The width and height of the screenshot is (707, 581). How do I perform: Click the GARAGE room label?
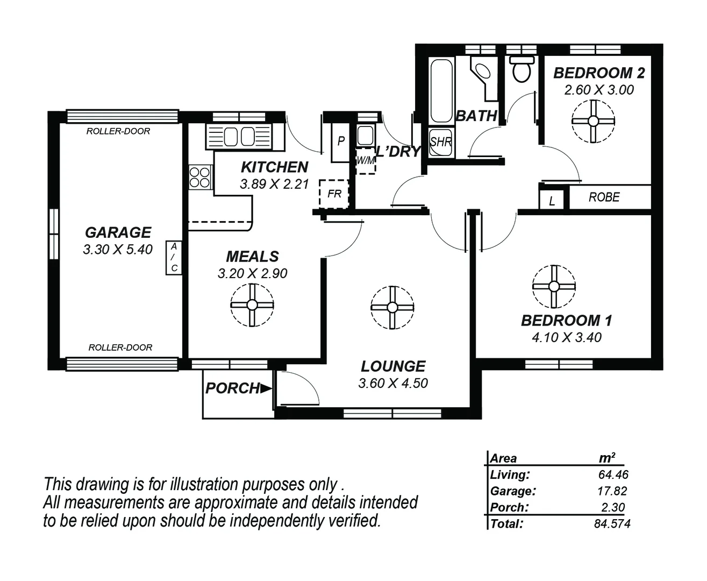118,232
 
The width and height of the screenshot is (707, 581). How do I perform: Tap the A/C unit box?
173,258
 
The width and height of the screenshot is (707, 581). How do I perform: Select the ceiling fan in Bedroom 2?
593,121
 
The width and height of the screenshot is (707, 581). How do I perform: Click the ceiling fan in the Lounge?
392,307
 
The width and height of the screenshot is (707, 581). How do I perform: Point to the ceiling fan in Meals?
252,305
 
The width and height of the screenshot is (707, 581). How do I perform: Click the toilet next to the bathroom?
522,69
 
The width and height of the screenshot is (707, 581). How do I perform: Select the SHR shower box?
441,143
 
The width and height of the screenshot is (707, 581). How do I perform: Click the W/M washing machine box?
366,160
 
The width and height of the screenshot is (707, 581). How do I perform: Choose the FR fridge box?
334,194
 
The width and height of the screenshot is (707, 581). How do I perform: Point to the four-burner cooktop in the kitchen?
199,178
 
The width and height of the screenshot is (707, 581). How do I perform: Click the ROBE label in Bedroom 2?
604,197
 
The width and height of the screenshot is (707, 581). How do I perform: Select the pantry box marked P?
340,142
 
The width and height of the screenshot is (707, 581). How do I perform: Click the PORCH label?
233,388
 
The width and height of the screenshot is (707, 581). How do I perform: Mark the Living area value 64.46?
613,474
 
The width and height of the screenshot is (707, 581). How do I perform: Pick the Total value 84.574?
612,523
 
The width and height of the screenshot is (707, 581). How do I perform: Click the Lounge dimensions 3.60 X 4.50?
393,384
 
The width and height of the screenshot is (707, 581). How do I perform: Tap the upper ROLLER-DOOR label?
118,131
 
